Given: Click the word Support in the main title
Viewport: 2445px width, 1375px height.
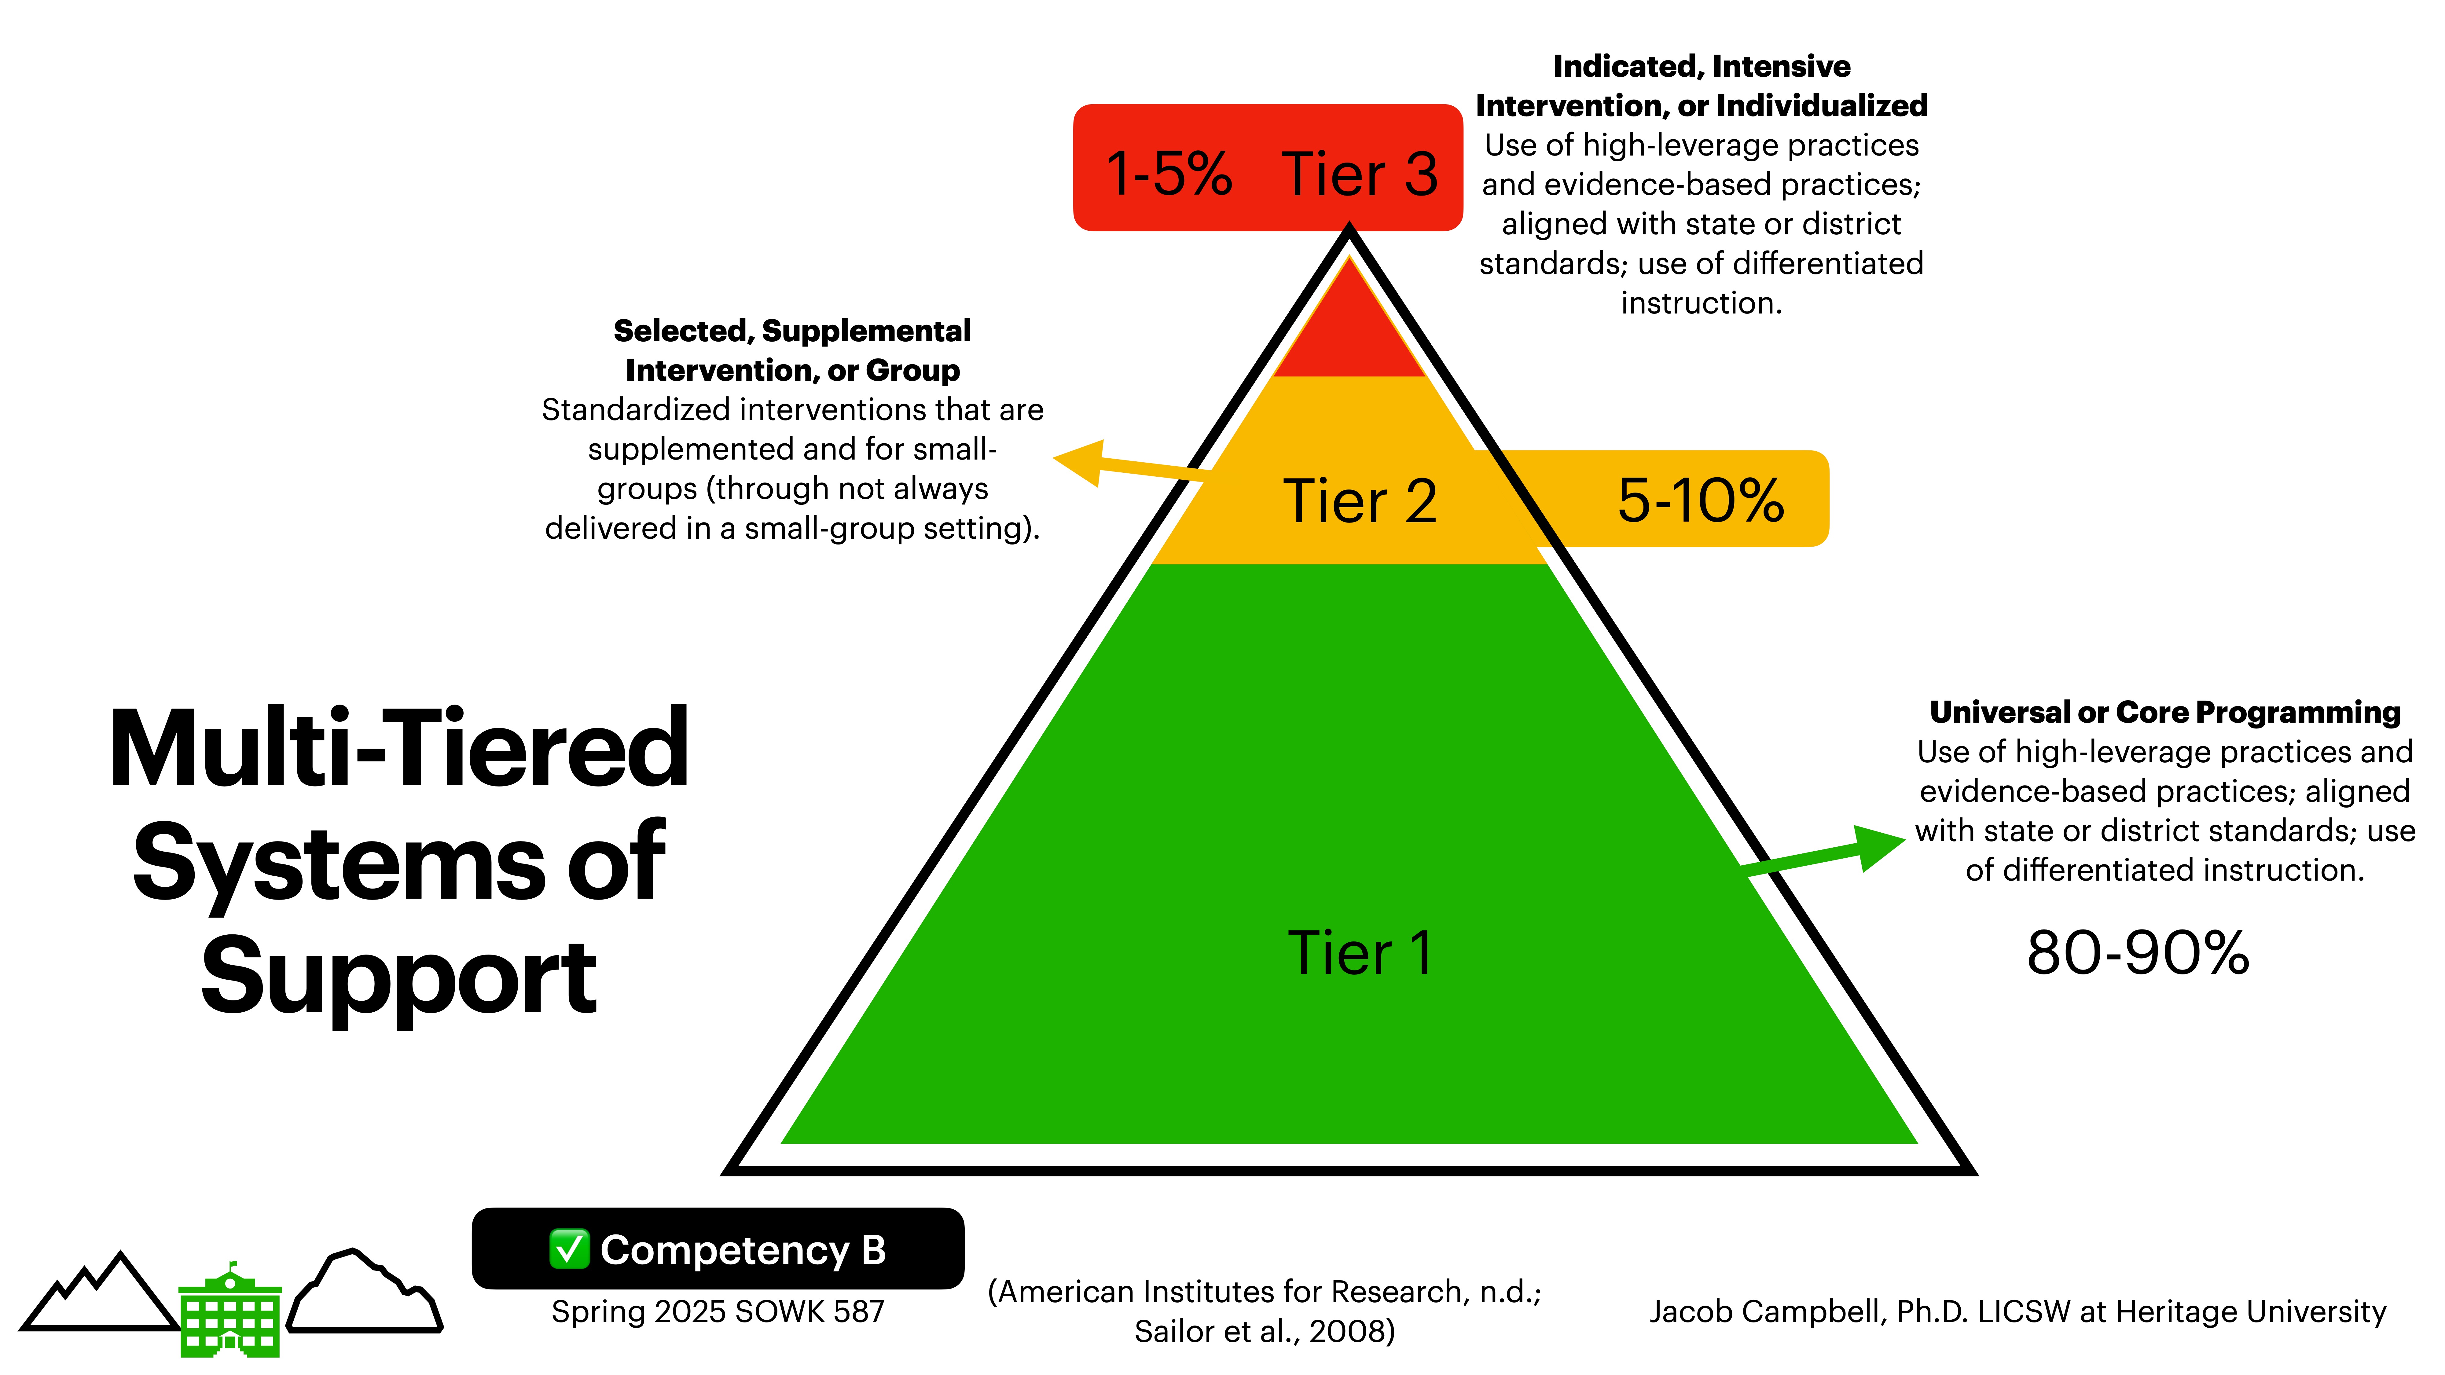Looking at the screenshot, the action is click(x=399, y=977).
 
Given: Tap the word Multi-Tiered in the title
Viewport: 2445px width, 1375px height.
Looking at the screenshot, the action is click(x=399, y=750).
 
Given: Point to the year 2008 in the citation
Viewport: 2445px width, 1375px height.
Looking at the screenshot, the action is click(x=1348, y=1331).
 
